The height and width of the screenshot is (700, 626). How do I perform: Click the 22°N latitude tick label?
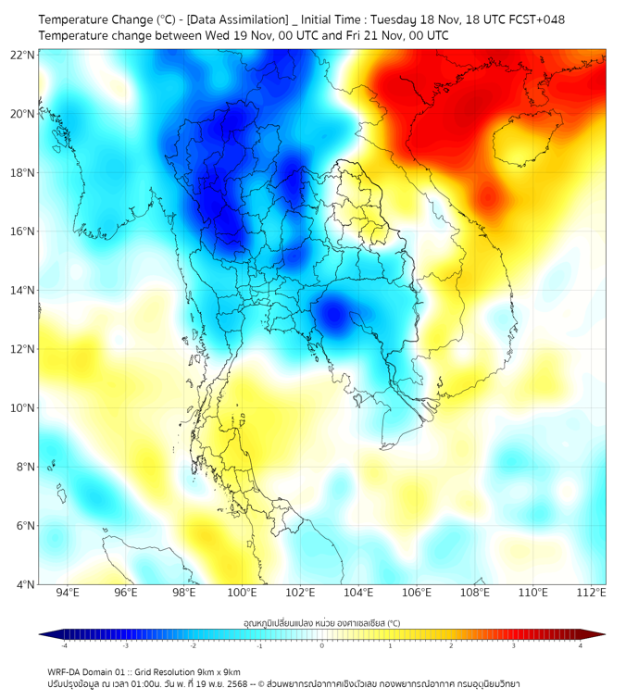[x=23, y=55]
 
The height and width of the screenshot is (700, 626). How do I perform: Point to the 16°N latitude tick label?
[x=23, y=231]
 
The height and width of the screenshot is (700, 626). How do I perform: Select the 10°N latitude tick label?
[x=23, y=407]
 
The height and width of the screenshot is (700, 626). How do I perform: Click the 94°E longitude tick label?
[x=68, y=593]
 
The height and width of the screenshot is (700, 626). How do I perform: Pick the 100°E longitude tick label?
[x=243, y=593]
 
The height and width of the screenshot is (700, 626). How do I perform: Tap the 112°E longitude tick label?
[x=592, y=593]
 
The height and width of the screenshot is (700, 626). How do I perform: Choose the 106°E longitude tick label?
[x=418, y=593]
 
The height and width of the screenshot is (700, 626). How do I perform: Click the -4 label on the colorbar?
[x=64, y=644]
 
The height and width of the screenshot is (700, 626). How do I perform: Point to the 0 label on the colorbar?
[x=322, y=644]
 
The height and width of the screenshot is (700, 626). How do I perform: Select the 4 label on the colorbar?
[x=581, y=644]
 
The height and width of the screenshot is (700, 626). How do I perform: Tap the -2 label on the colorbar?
[x=193, y=644]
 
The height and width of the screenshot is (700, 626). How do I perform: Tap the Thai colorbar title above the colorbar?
[x=321, y=622]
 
